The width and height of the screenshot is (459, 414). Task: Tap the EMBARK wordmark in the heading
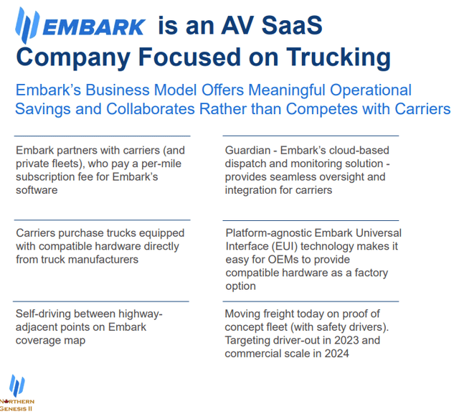point(93,27)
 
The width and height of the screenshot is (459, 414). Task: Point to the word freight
point(282,314)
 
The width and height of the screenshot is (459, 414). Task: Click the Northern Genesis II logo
point(16,392)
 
